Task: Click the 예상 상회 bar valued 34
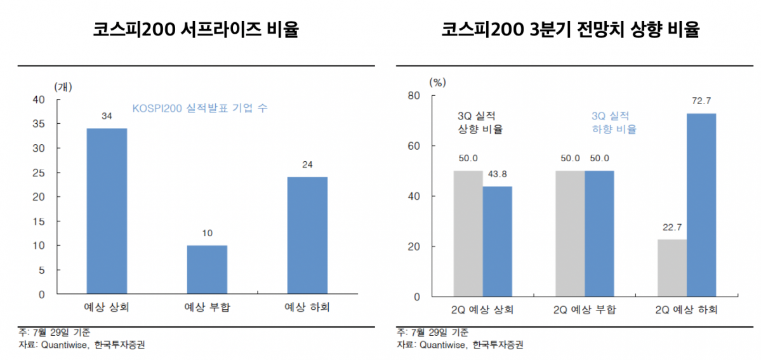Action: click(107, 211)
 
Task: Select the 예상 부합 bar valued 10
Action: click(207, 270)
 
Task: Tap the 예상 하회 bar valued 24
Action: click(307, 236)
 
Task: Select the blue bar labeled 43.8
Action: click(497, 241)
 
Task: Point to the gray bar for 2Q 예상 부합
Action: click(569, 234)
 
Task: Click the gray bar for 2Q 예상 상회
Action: click(468, 234)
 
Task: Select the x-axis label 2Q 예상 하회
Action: click(687, 310)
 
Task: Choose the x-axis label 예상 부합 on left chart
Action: click(207, 308)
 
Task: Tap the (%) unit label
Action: click(438, 82)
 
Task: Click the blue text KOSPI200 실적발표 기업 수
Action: click(200, 109)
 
